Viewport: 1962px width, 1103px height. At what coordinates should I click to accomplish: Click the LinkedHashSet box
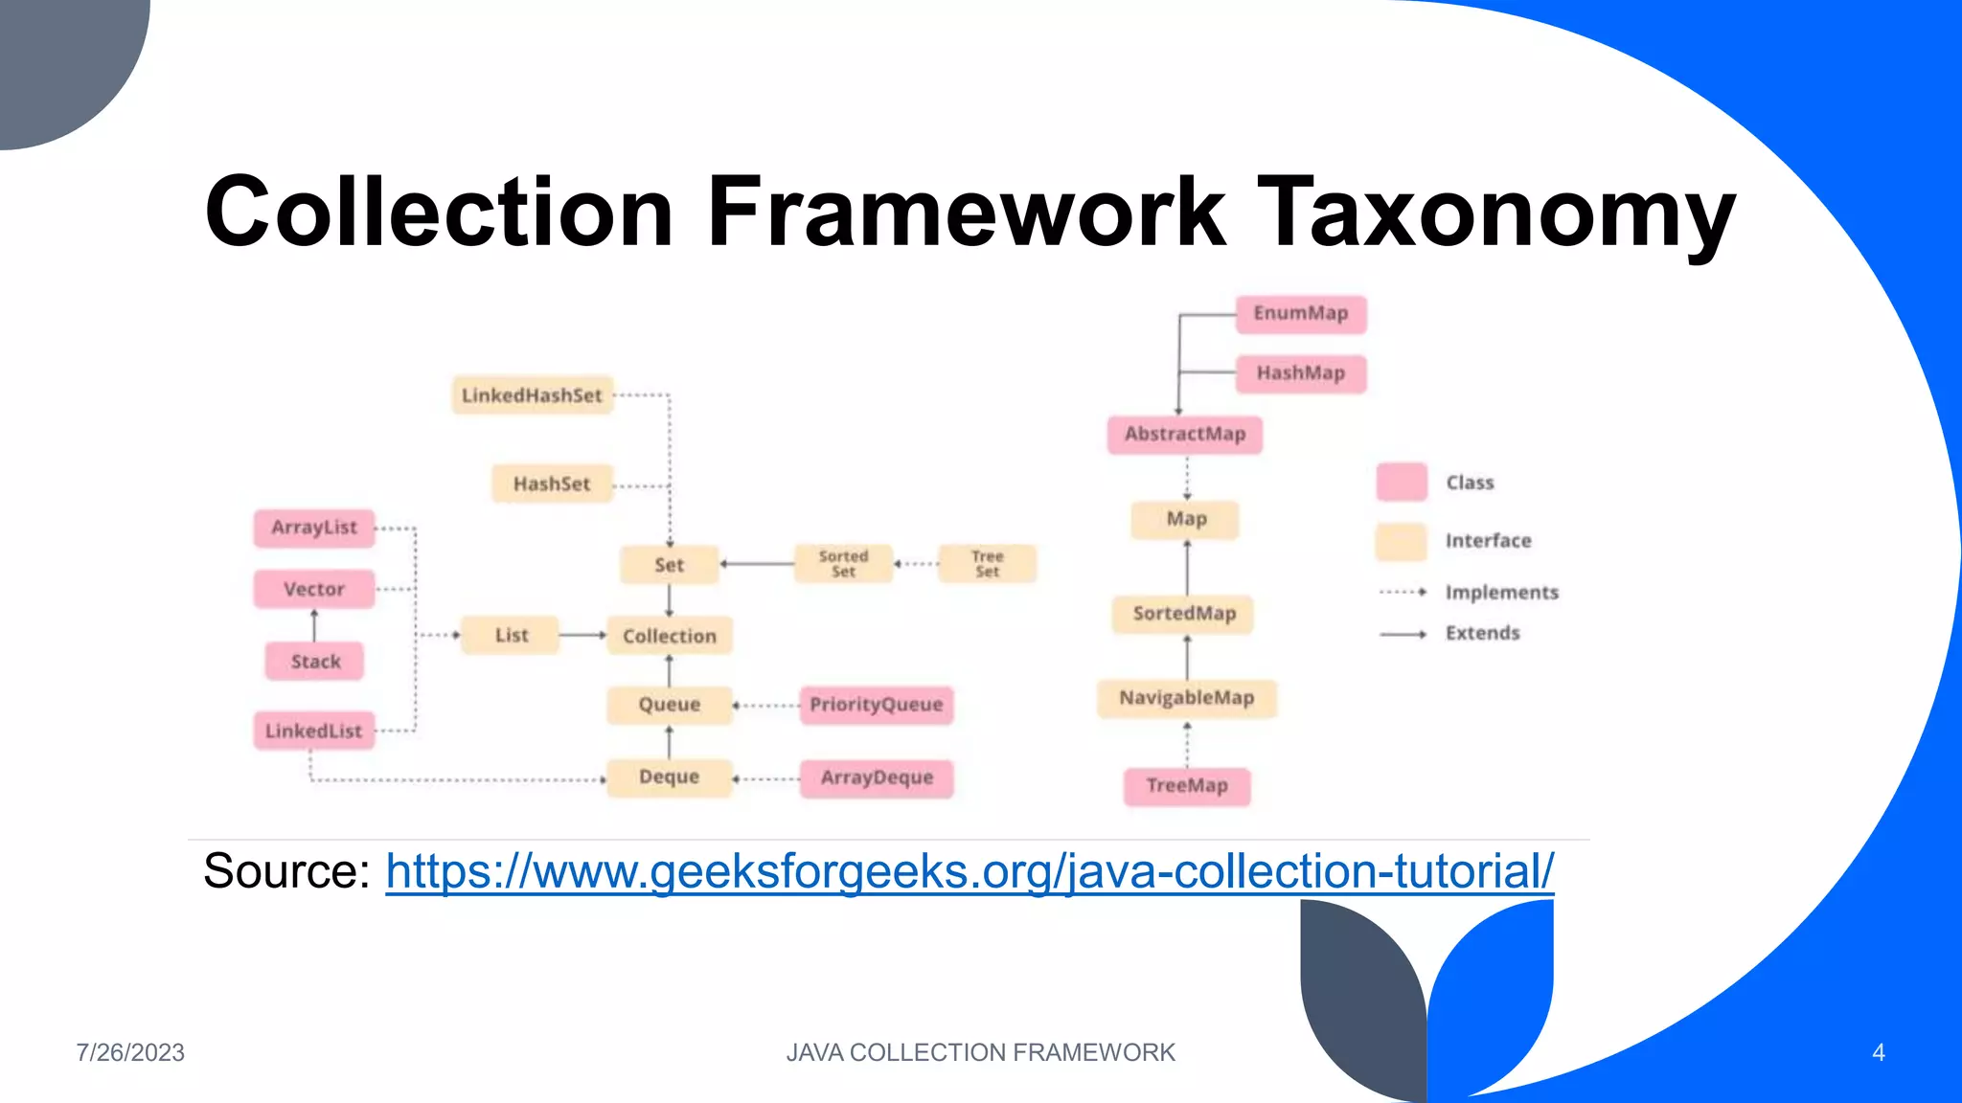(x=532, y=395)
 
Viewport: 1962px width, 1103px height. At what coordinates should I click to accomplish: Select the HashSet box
(x=552, y=484)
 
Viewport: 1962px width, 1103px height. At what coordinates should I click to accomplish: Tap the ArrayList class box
(x=314, y=528)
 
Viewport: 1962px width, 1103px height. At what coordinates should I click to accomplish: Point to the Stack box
(x=315, y=662)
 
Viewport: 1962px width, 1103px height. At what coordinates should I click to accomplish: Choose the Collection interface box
(x=670, y=636)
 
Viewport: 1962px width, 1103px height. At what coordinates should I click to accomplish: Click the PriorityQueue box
(x=877, y=705)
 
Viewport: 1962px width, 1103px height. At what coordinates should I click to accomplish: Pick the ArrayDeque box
(x=877, y=777)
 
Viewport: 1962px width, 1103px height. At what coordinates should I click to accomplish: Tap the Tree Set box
(x=987, y=564)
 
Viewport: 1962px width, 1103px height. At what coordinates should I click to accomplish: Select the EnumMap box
(x=1300, y=314)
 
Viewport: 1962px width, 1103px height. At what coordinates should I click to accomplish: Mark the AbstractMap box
(x=1185, y=434)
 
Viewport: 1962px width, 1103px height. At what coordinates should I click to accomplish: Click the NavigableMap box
(x=1187, y=698)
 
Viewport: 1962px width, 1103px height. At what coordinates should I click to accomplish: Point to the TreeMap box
(x=1187, y=786)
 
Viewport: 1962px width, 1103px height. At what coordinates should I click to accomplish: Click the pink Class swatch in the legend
(x=1402, y=482)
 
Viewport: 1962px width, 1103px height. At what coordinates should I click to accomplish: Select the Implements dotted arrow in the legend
(x=1403, y=593)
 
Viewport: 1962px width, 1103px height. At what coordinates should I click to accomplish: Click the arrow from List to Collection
(x=582, y=635)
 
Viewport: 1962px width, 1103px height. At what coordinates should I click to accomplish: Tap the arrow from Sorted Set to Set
(x=757, y=564)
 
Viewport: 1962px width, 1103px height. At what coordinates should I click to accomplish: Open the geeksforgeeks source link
(x=970, y=871)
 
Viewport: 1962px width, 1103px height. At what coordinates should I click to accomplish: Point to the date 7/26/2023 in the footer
(x=130, y=1052)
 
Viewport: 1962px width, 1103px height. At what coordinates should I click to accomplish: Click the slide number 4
(x=1878, y=1052)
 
